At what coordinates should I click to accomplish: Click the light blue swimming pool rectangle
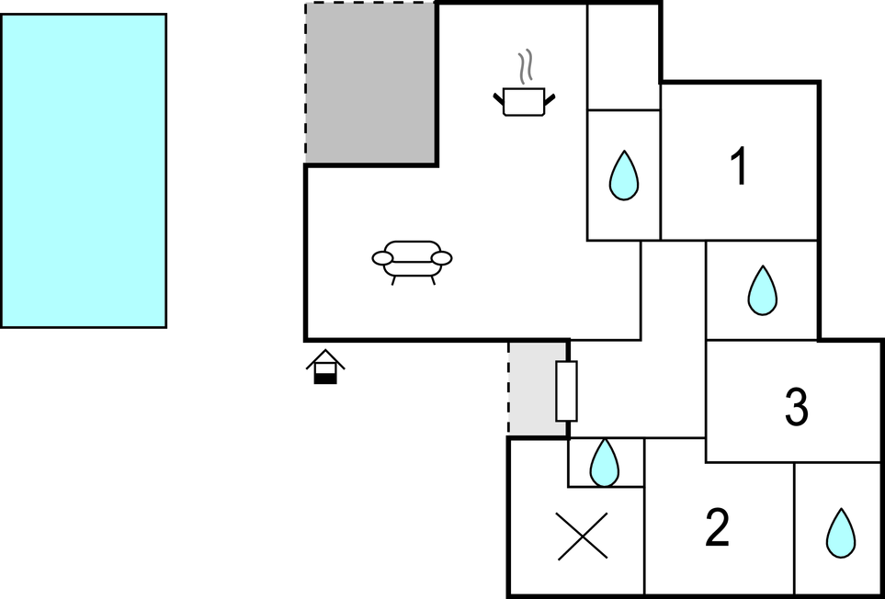84,170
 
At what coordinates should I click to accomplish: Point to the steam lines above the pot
526,67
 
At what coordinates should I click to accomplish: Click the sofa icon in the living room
412,262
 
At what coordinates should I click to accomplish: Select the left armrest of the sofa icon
382,258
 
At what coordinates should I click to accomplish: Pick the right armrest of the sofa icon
441,258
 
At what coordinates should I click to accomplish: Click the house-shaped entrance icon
325,367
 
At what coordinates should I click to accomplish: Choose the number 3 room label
797,406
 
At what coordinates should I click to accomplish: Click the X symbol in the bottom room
583,536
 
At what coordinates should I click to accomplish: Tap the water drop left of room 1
624,175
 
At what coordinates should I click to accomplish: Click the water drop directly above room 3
763,290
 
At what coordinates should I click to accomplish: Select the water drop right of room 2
841,534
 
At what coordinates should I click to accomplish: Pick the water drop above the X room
605,462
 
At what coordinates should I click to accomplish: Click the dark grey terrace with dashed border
371,84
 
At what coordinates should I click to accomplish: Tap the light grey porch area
538,389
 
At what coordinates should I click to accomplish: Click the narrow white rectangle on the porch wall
567,391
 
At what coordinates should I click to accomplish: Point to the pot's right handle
550,99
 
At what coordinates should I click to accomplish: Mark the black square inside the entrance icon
325,379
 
